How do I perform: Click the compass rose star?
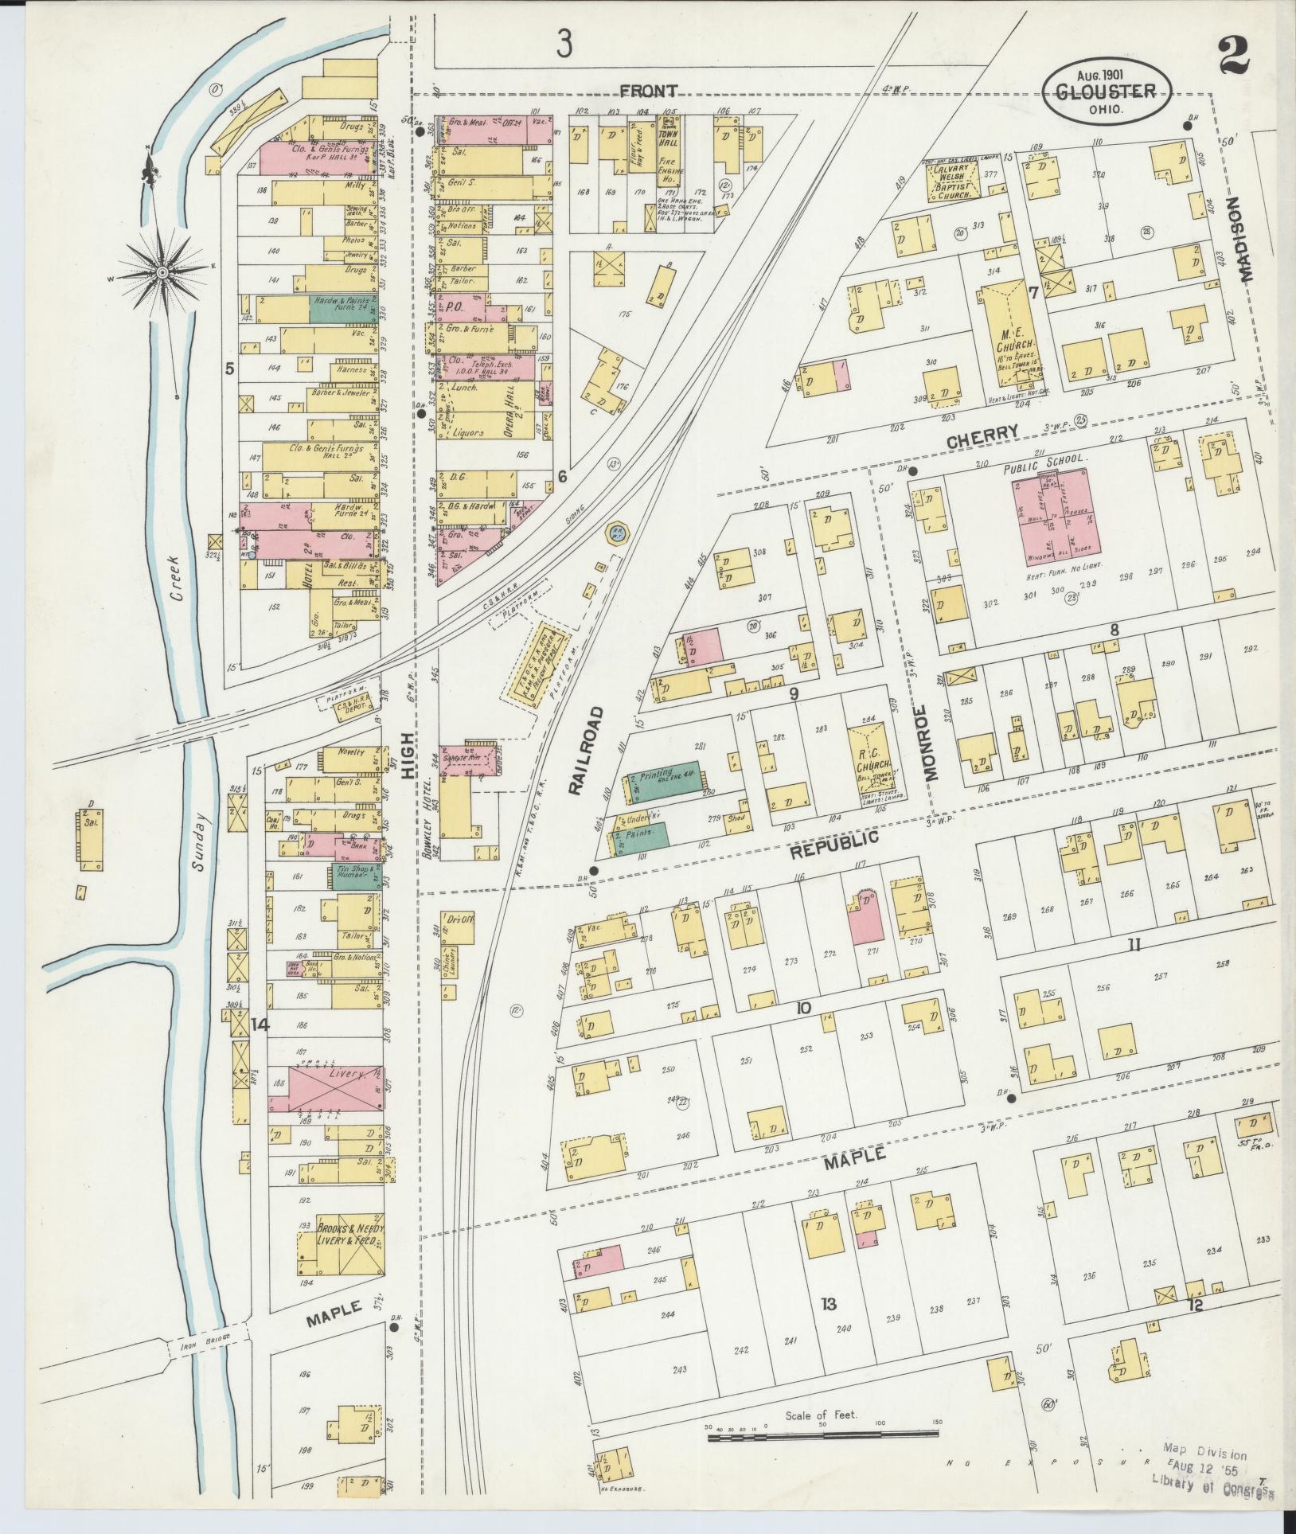coord(162,272)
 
